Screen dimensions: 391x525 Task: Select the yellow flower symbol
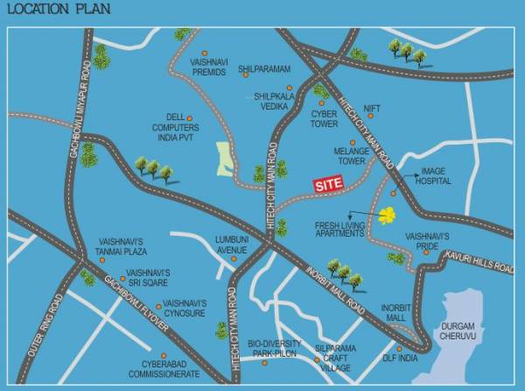(387, 214)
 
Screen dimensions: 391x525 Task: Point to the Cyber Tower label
(324, 118)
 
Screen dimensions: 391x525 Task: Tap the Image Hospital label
(435, 176)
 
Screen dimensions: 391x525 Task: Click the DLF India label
(401, 358)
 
